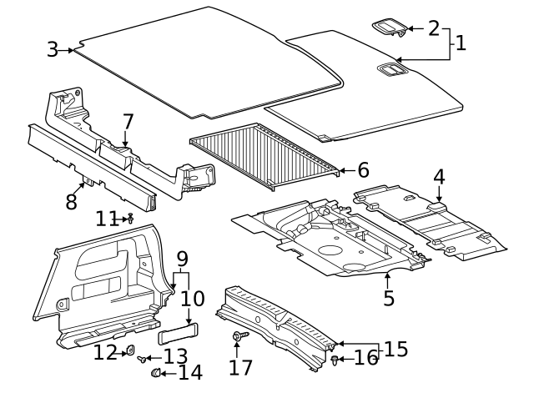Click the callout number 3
(x=53, y=49)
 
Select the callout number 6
(x=363, y=170)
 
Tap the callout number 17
(x=241, y=366)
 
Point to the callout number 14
(x=189, y=372)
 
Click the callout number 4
(x=439, y=177)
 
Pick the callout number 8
(x=71, y=201)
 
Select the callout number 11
(x=106, y=219)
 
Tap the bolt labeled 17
(x=239, y=335)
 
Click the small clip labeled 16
(x=335, y=360)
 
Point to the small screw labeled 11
(x=130, y=218)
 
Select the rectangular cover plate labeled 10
(x=177, y=335)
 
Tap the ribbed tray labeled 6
(x=265, y=150)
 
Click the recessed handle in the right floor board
(x=389, y=70)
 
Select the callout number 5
(x=389, y=297)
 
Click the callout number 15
(x=395, y=349)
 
